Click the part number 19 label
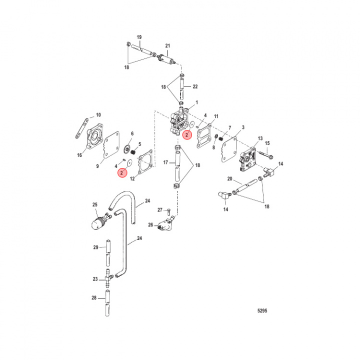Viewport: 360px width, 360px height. (139, 37)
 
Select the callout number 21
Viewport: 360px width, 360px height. (168, 45)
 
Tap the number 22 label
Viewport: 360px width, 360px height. (195, 86)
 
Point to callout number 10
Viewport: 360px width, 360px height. (98, 115)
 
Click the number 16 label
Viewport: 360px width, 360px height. (79, 155)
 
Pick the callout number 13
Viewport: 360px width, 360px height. (260, 138)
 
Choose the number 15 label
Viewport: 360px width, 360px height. (266, 143)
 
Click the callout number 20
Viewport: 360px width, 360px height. (229, 178)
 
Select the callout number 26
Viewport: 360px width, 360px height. (150, 225)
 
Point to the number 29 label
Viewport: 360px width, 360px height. (96, 247)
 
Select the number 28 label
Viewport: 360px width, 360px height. (94, 298)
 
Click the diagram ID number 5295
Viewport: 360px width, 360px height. (262, 310)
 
